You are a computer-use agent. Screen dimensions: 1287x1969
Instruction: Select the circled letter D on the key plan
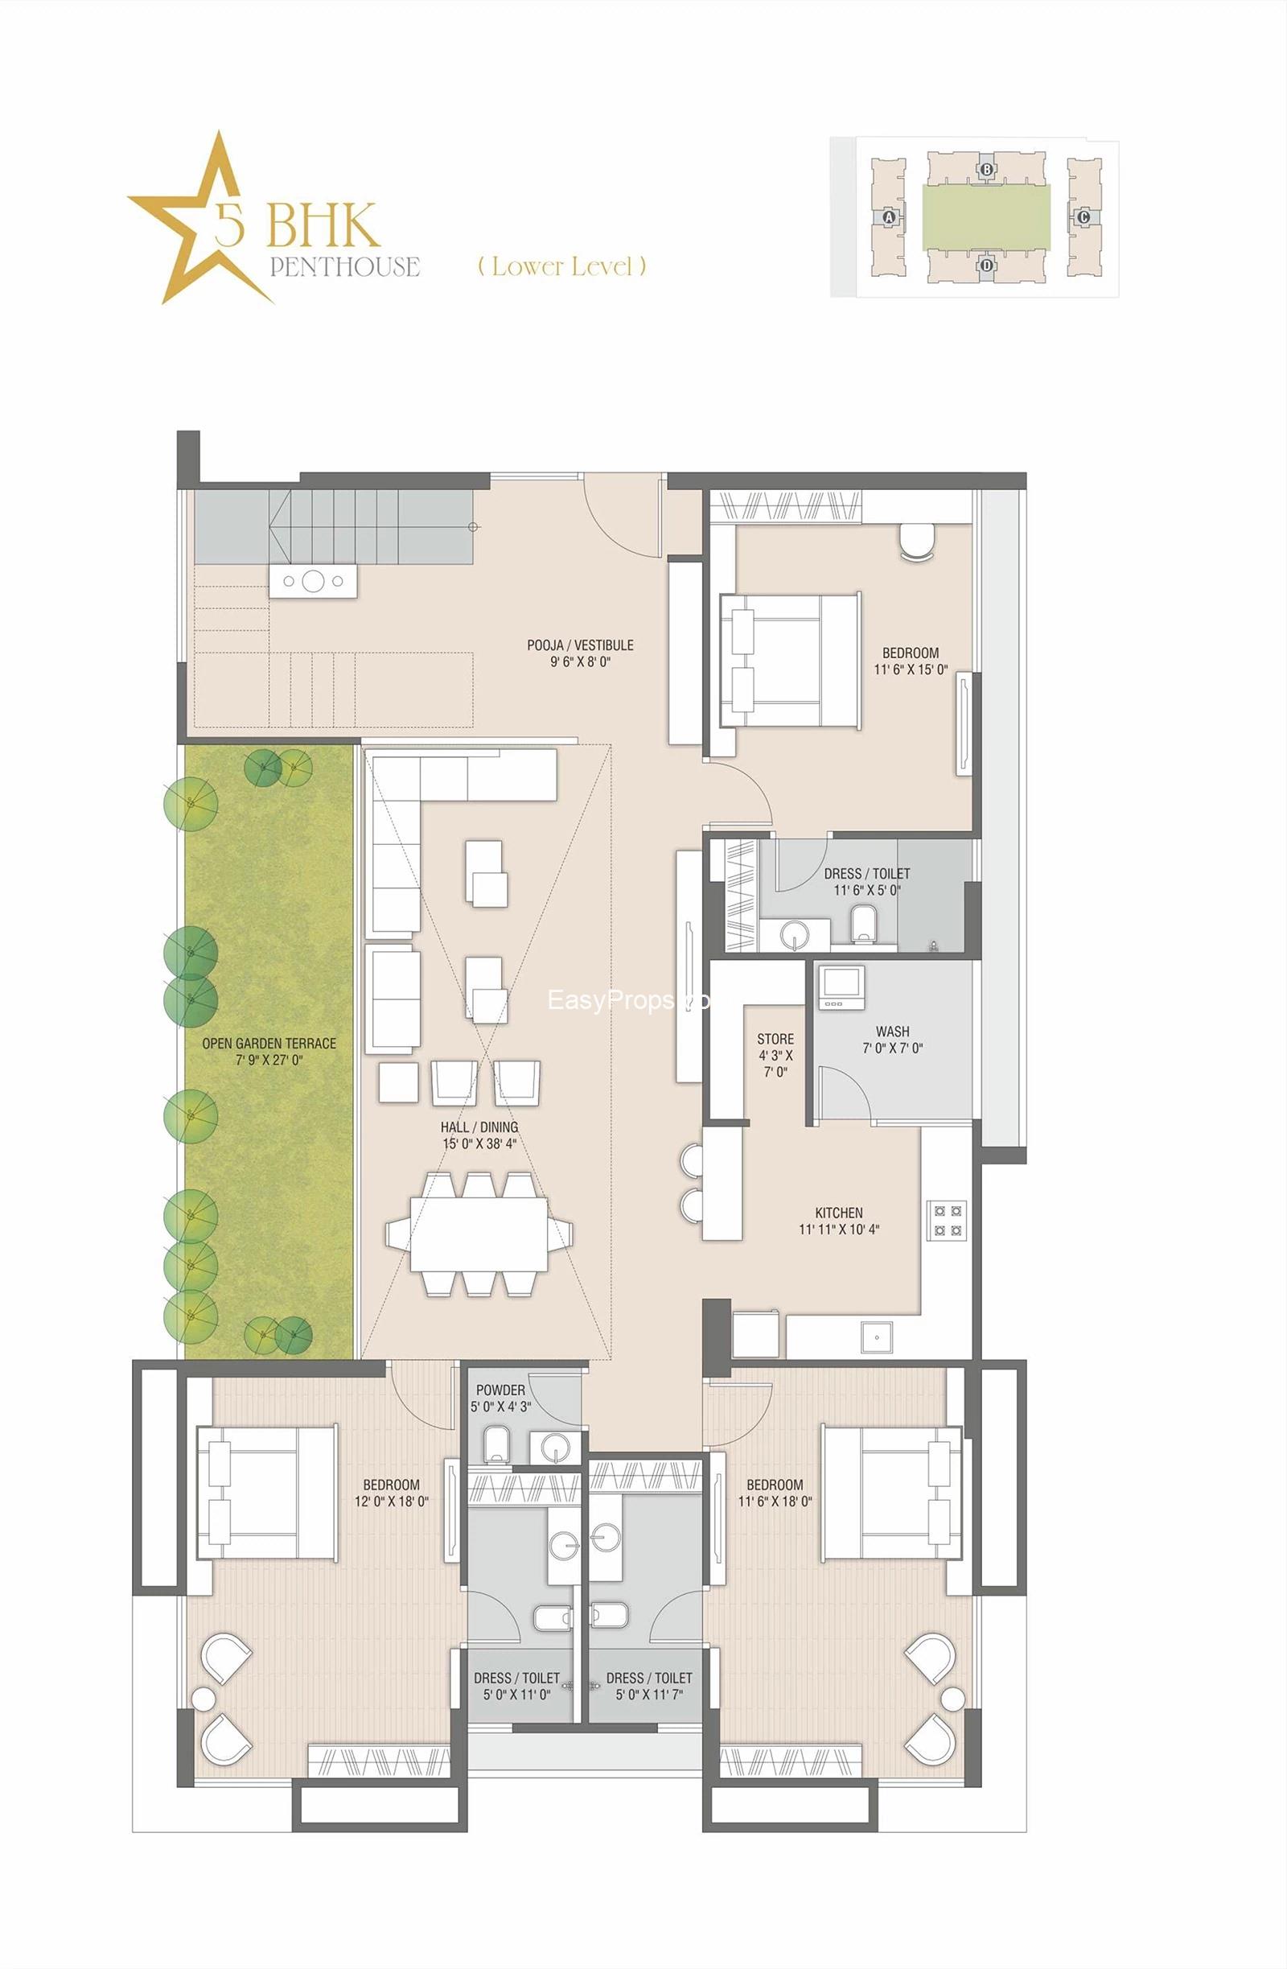[986, 266]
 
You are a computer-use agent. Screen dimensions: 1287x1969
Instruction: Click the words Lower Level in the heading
[562, 266]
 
